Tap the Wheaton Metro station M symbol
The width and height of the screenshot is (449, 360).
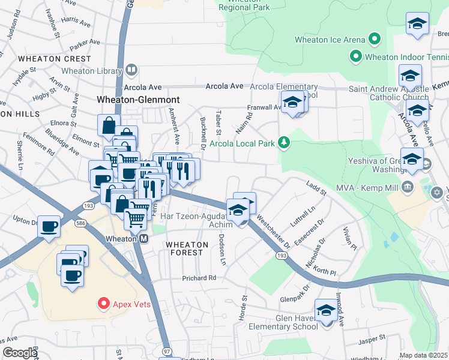pos(144,238)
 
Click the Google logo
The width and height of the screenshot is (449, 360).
pos(19,353)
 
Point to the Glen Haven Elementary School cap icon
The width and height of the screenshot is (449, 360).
pos(327,310)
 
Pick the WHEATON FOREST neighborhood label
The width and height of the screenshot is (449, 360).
pos(187,245)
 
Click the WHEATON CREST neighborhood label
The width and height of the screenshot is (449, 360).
pos(55,59)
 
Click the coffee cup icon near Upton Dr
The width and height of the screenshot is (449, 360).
pos(49,226)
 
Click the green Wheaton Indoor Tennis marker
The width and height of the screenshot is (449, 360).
pos(355,58)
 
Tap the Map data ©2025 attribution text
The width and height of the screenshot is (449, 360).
pos(423,355)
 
